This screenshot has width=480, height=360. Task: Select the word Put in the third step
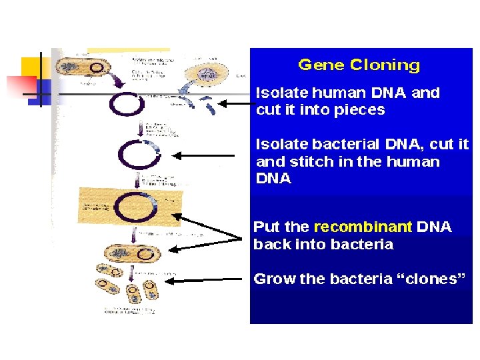(267, 227)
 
